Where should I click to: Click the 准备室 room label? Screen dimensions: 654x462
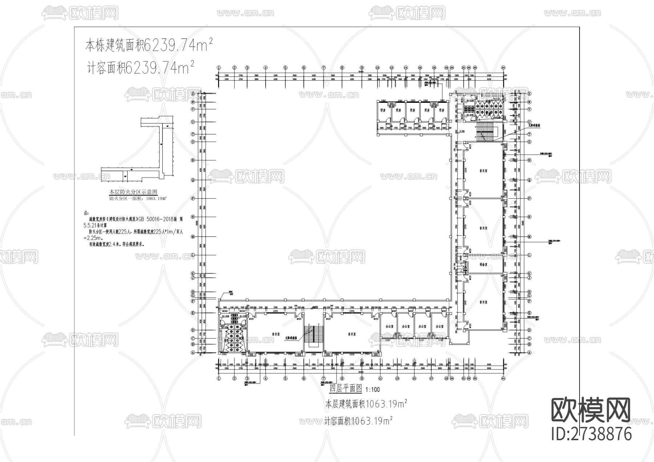[x=483, y=265]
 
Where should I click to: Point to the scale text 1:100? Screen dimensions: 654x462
[x=372, y=390]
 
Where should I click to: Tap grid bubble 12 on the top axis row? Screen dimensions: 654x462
[x=392, y=68]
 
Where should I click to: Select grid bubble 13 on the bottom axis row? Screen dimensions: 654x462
[x=397, y=378]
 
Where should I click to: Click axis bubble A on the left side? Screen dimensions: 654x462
[x=193, y=352]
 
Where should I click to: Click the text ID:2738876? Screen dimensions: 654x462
[x=592, y=434]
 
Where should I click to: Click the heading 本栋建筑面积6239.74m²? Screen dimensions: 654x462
[x=149, y=45]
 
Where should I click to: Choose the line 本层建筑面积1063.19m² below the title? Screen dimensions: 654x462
[x=366, y=404]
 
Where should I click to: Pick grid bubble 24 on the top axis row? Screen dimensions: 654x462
[x=503, y=68]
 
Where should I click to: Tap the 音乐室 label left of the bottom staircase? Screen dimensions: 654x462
[x=278, y=333]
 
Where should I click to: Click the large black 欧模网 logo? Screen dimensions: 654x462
[x=591, y=410]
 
